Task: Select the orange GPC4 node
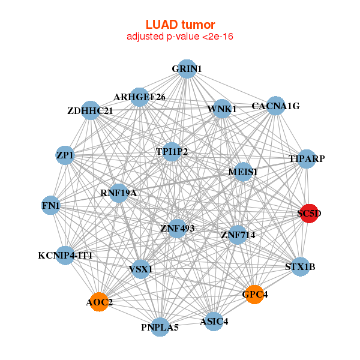[x=254, y=295]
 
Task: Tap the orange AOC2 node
[x=99, y=302]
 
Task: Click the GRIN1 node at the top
[x=187, y=69]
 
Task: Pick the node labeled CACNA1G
[x=275, y=106]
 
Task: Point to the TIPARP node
[x=307, y=159]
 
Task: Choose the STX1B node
[x=300, y=266]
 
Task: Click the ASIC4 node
[x=213, y=321]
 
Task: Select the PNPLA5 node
[x=160, y=327]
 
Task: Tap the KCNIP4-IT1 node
[x=65, y=256]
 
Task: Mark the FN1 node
[x=50, y=206]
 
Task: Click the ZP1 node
[x=64, y=155]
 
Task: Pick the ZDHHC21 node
[x=90, y=110]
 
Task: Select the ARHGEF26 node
[x=139, y=97]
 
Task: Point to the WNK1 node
[x=222, y=109]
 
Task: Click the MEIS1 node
[x=243, y=172]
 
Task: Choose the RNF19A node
[x=119, y=193]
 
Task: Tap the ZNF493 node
[x=176, y=228]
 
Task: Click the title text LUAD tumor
[x=180, y=25]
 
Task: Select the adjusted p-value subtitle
[x=180, y=37]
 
